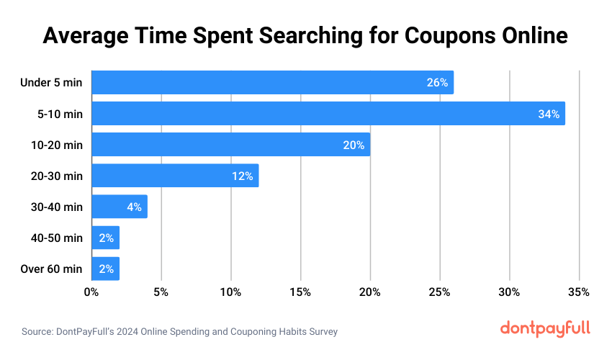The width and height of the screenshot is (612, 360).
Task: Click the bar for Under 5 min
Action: click(272, 83)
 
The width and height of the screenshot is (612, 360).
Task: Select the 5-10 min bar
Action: click(328, 114)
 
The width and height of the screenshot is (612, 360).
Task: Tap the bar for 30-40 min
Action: click(119, 207)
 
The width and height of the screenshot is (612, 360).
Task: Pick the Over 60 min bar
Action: click(105, 269)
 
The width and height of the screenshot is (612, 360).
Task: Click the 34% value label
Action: click(549, 114)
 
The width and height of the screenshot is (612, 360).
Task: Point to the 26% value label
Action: click(437, 83)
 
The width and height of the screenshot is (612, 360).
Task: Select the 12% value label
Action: click(242, 176)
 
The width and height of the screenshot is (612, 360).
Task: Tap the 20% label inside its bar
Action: click(354, 145)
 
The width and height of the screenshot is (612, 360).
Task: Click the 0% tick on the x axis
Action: click(91, 292)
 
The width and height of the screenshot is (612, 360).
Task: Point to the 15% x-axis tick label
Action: click(300, 292)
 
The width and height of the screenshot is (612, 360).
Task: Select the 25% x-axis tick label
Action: click(439, 292)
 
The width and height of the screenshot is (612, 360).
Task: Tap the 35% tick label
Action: click(579, 292)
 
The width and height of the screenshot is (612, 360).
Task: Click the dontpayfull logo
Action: click(545, 328)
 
